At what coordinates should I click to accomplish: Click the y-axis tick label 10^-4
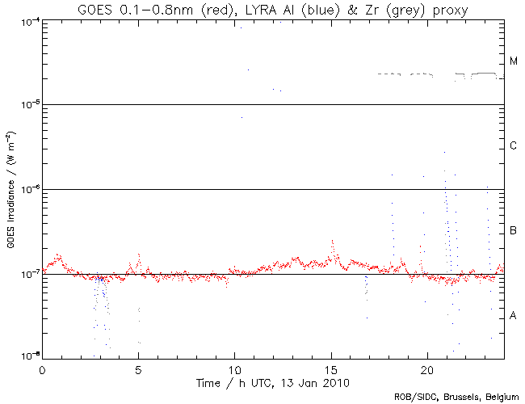[x=29, y=20]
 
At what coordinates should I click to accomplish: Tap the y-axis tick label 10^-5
[x=29, y=105]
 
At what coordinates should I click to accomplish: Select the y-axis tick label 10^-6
[x=29, y=190]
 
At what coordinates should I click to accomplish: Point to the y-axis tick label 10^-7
[x=29, y=275]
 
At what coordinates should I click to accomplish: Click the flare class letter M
[x=514, y=61]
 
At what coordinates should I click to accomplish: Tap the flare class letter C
[x=514, y=146]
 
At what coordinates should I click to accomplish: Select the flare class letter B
[x=514, y=231]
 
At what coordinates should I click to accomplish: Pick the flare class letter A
[x=514, y=315]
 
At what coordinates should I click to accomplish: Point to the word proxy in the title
[x=449, y=9]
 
